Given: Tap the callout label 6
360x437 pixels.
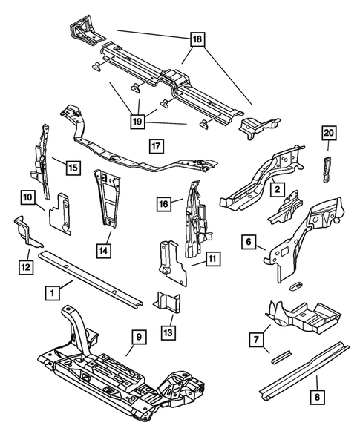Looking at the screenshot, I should tap(249, 241).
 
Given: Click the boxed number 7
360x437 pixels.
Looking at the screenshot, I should tap(257, 340).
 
